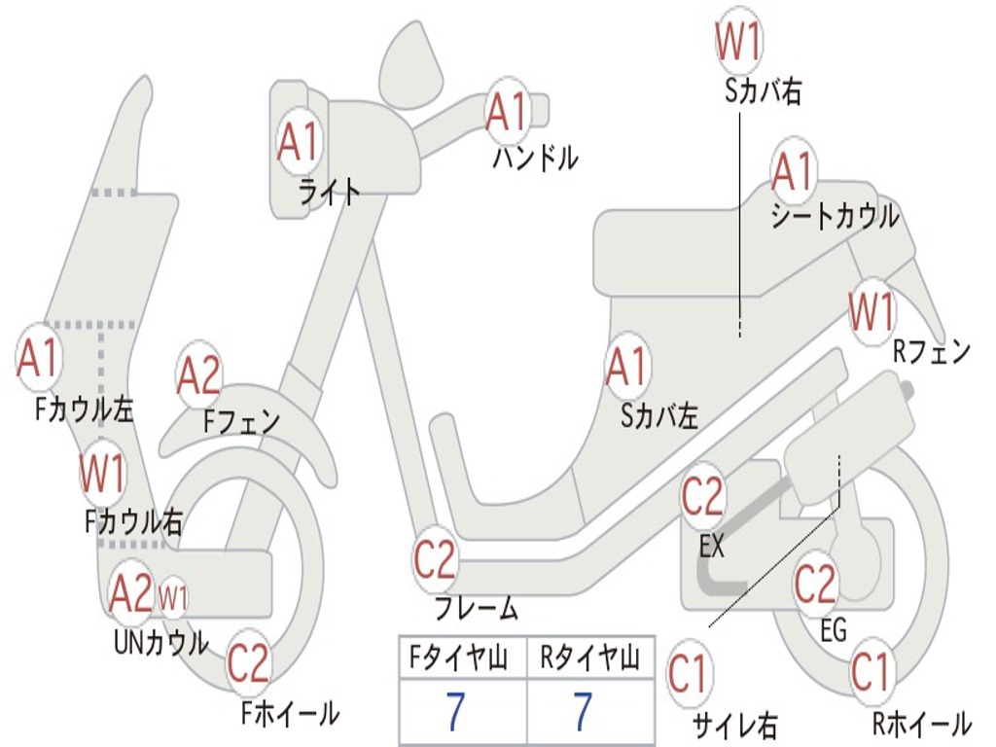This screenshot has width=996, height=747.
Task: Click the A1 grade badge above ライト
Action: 298,142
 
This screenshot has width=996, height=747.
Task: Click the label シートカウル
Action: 835,216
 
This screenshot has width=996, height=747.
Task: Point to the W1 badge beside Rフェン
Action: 871,312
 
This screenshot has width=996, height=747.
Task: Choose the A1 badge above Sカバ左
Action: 625,368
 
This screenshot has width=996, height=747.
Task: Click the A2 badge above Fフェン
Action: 198,375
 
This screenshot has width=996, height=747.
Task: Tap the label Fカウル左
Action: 85,409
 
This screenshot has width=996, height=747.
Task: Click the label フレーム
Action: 477,610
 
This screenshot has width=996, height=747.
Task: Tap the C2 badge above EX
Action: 702,497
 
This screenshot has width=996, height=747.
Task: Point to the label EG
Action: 834,630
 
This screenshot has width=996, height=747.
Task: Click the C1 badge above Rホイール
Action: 871,672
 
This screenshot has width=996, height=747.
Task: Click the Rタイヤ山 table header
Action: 589,659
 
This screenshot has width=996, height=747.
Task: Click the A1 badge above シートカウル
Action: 793,172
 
